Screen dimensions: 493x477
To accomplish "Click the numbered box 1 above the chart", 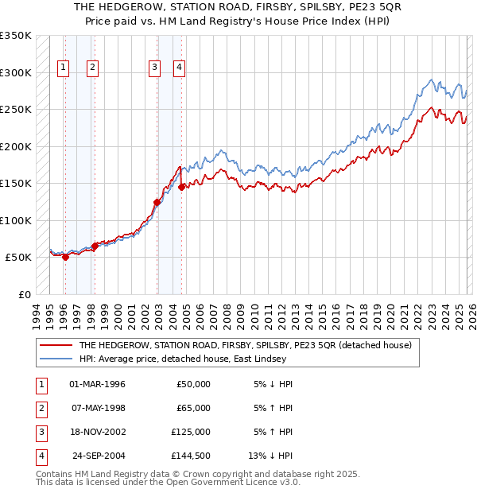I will tap(63, 68).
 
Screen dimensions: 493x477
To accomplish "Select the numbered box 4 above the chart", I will tap(180, 68).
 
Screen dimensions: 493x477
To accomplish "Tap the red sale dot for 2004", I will tap(182, 187).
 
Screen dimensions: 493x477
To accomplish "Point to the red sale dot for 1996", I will tap(65, 257).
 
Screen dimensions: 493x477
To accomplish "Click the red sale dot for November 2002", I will tap(157, 202).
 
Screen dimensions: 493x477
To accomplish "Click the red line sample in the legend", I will tap(56, 345).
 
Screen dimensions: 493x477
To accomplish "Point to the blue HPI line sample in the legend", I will tap(56, 359).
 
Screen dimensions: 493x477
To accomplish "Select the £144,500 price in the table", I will tap(190, 456).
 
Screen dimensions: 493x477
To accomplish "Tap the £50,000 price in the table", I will tap(193, 384).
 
